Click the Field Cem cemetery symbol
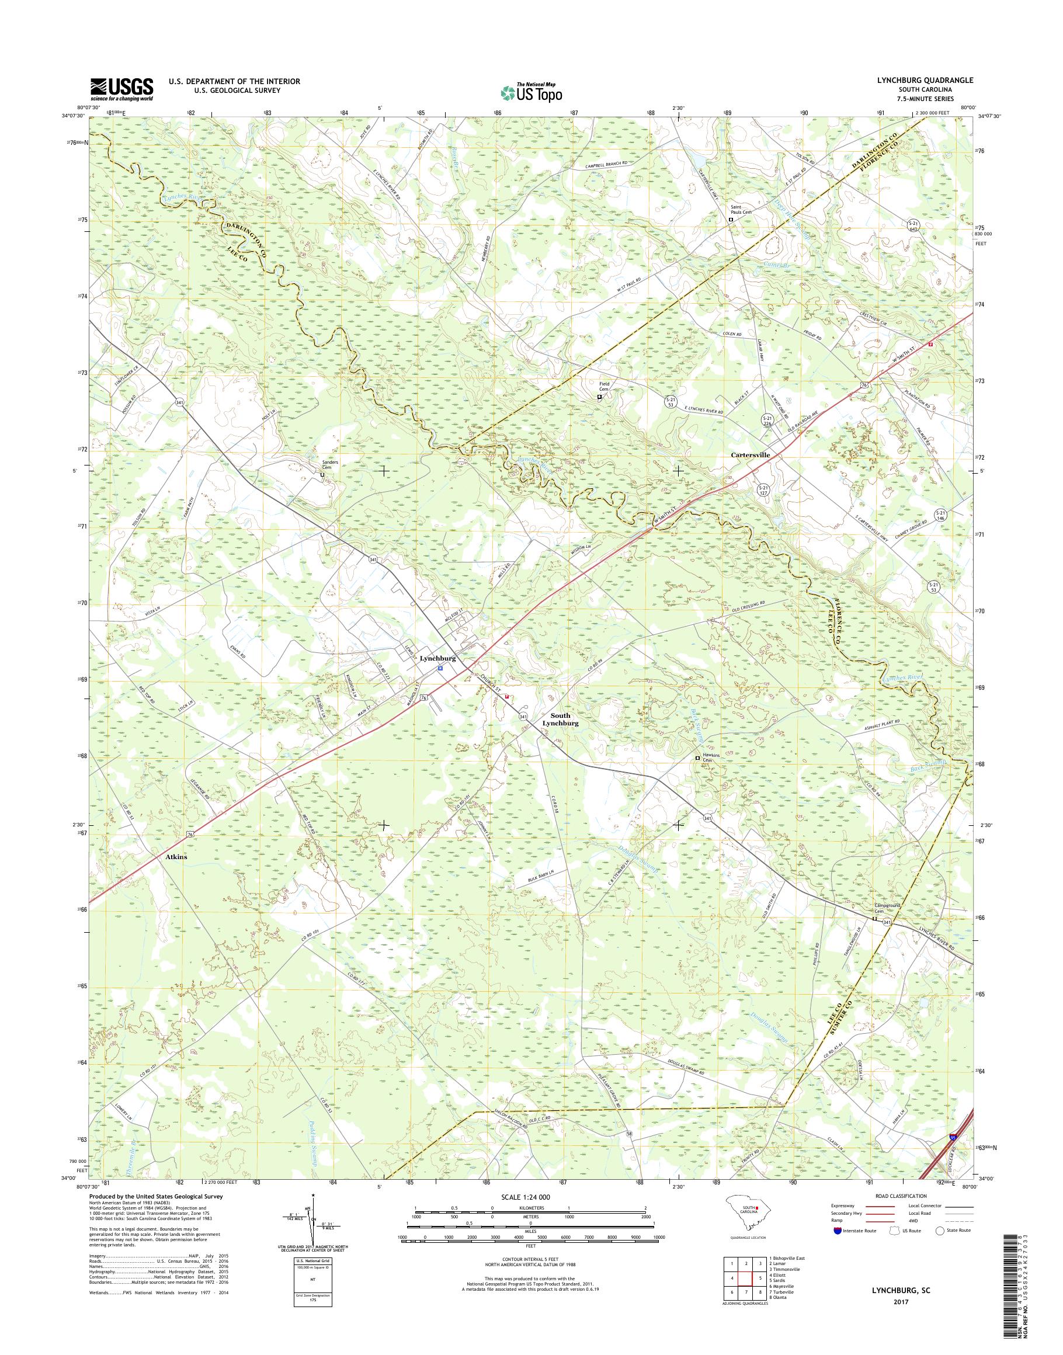(599, 397)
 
